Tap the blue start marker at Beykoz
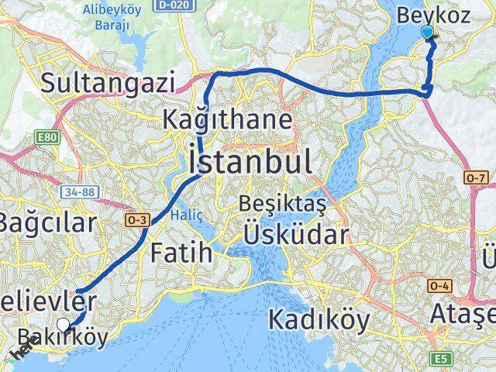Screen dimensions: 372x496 tap(429, 32)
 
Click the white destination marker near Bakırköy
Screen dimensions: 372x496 tap(64, 324)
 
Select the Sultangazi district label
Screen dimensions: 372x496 tap(108, 83)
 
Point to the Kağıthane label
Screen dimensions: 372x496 tap(228, 120)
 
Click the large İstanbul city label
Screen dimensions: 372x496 tap(250, 163)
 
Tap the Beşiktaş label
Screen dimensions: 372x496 tap(282, 206)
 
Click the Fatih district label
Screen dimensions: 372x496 tap(181, 252)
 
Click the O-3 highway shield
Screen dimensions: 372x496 tap(136, 220)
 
